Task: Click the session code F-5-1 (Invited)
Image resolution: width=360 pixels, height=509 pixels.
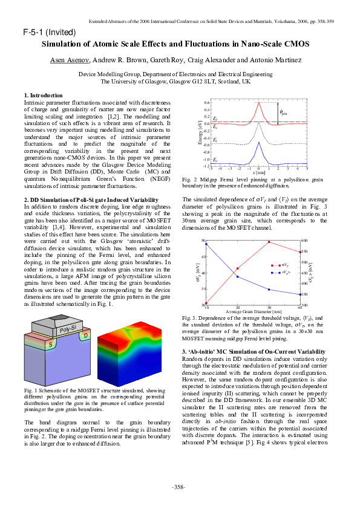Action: (x=49, y=31)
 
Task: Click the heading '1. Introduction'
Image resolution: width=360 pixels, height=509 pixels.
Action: (x=43, y=96)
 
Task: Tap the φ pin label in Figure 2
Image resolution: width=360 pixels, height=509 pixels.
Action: (x=283, y=112)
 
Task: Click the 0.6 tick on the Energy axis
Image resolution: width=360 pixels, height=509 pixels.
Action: (x=207, y=103)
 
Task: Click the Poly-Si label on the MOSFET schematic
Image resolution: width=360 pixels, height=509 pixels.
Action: (x=67, y=329)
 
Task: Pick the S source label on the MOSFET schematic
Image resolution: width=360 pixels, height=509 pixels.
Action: (x=34, y=343)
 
